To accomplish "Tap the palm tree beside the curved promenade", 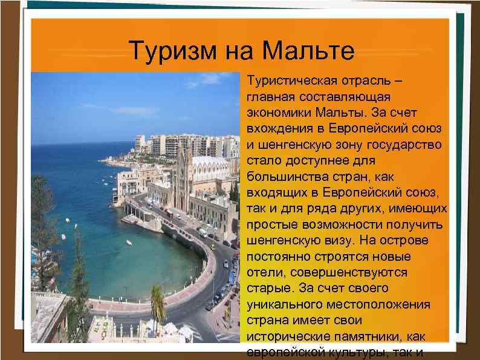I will tap(157, 299).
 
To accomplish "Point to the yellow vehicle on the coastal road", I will tap(213, 247).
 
